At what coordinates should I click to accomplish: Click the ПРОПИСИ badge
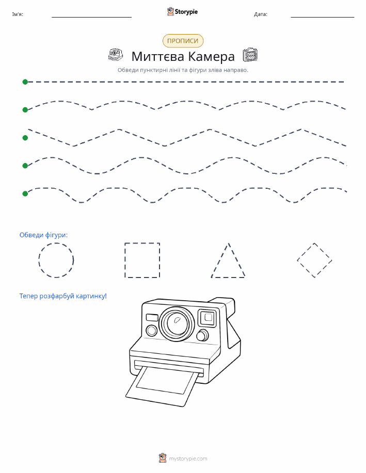tap(183, 41)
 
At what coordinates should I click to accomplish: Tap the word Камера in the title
tap(211, 56)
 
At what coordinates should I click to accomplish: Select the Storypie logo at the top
tap(182, 12)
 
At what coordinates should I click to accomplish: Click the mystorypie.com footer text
tap(188, 459)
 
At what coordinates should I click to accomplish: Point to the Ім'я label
tap(18, 14)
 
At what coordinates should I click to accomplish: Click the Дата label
tap(261, 14)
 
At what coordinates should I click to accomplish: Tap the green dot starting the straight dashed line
tap(25, 81)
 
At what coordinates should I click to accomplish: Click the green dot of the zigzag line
tap(25, 138)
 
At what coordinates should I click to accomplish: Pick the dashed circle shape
tap(39, 260)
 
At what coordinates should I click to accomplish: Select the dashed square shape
tap(125, 260)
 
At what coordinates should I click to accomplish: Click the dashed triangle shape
tap(220, 260)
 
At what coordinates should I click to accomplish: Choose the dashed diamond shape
tap(306, 252)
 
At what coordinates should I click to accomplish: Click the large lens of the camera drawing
tap(177, 323)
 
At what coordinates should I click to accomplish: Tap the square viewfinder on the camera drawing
tap(208, 318)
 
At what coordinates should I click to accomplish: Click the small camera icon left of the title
tap(116, 55)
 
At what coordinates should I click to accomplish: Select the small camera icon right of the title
tap(250, 55)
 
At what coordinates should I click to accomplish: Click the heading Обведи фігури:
tap(43, 235)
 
